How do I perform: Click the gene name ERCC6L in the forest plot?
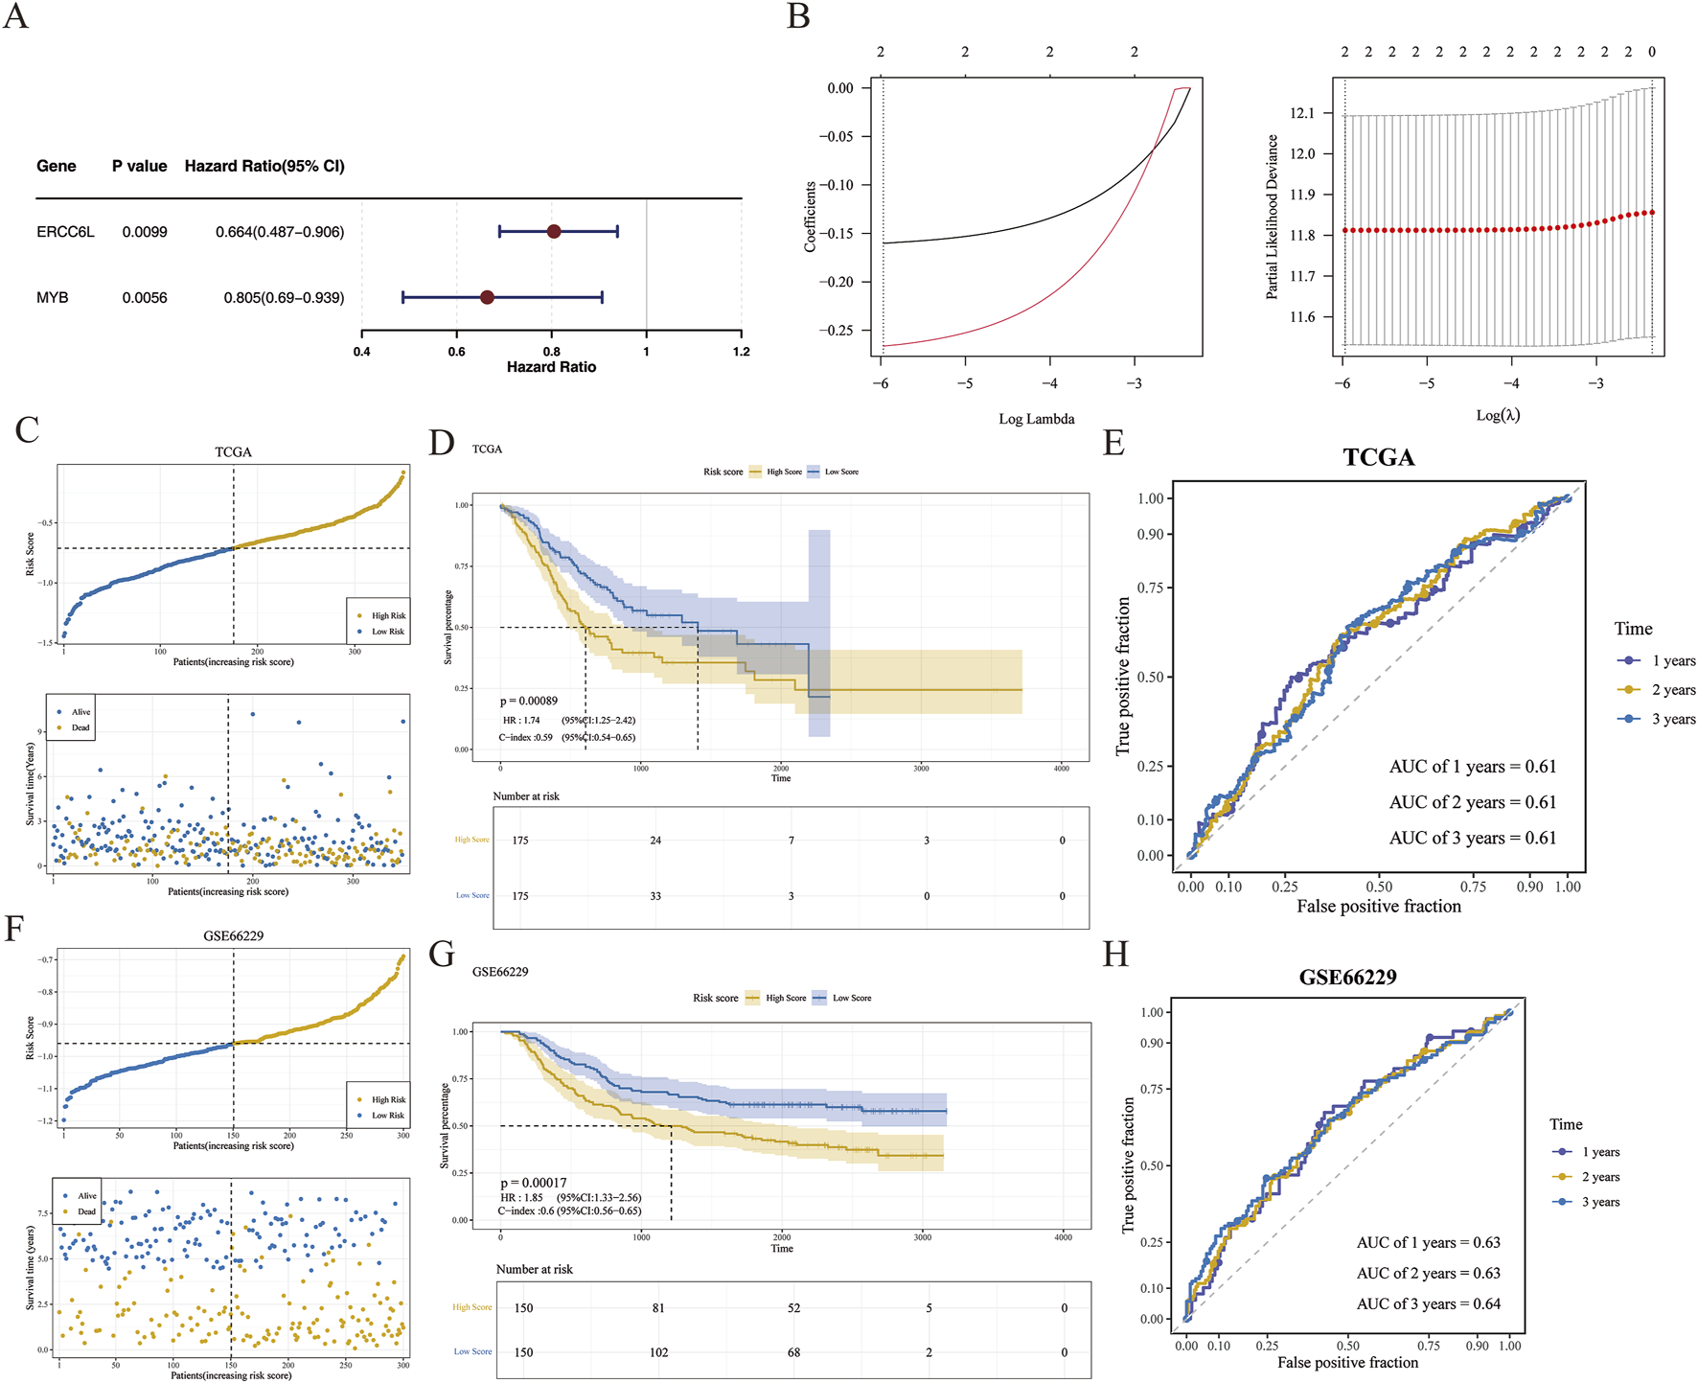[x=65, y=232]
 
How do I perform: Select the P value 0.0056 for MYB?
[x=145, y=298]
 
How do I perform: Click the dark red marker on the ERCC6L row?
[x=554, y=231]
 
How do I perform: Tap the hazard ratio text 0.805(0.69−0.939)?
[x=284, y=298]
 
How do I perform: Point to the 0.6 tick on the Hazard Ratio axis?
[x=457, y=351]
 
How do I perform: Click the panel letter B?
[x=798, y=17]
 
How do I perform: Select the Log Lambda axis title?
[x=1036, y=419]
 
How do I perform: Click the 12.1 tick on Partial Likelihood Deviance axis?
[x=1301, y=113]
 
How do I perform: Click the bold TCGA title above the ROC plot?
[x=1378, y=457]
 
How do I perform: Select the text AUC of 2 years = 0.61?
[x=1472, y=802]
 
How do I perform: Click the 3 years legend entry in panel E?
[x=1672, y=719]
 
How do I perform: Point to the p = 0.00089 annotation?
[x=529, y=702]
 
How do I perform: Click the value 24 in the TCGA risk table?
[x=655, y=841]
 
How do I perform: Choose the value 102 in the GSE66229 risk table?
[x=658, y=1352]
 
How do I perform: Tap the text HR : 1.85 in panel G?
[x=521, y=1197]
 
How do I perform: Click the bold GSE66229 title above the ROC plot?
[x=1347, y=978]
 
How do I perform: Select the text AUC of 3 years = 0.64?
[x=1428, y=1303]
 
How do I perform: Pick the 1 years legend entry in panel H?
[x=1599, y=1152]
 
